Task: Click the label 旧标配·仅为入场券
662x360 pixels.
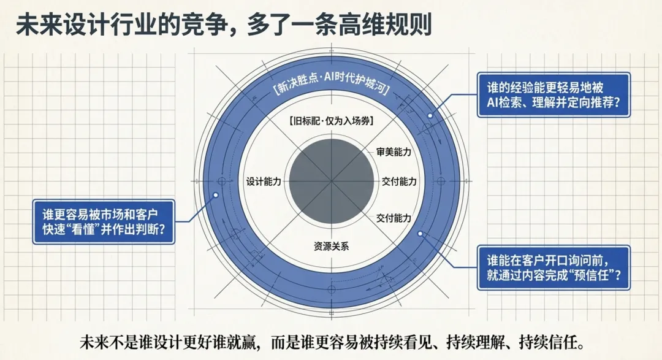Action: [331, 121]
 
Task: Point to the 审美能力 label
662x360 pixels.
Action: [394, 151]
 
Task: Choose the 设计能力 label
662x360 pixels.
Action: [264, 182]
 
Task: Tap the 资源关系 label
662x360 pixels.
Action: [331, 247]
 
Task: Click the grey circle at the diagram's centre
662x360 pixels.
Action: [331, 182]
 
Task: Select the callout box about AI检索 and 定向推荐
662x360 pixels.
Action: [553, 96]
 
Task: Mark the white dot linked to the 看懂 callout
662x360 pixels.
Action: [216, 196]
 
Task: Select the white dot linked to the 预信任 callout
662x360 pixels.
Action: [420, 234]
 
